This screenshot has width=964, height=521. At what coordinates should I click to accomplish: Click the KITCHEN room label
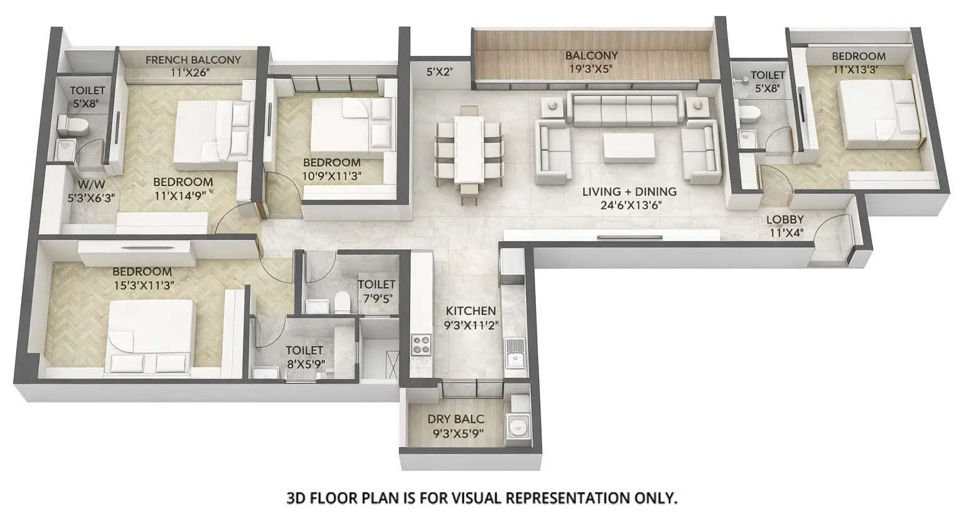(x=471, y=311)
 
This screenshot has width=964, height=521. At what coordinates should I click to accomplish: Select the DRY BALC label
(x=456, y=419)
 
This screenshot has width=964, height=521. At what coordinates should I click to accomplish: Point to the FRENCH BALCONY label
(x=193, y=60)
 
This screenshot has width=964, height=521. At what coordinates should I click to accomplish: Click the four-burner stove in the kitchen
(x=421, y=345)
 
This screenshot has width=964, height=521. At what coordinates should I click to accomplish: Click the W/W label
(x=91, y=185)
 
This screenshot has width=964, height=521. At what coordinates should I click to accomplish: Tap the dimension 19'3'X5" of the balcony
(x=591, y=68)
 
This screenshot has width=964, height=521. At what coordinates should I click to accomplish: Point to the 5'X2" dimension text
(x=440, y=72)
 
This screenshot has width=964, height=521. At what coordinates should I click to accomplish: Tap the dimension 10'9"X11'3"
(x=332, y=176)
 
